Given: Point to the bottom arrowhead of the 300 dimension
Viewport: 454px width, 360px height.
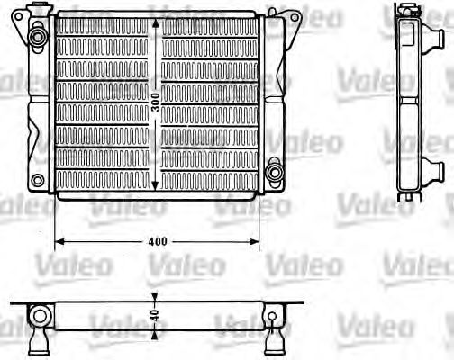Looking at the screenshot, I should pyautogui.click(x=159, y=189).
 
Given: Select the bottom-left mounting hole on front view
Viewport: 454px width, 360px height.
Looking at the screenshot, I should pyautogui.click(x=37, y=180).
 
